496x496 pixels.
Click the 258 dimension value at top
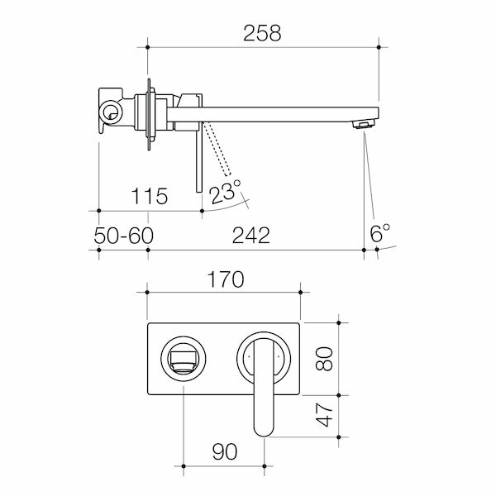[x=263, y=34]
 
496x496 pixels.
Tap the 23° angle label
[x=225, y=193]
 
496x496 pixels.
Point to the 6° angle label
[x=380, y=234]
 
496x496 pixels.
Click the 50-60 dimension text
[x=123, y=236]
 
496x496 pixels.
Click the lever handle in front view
[x=264, y=389]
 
